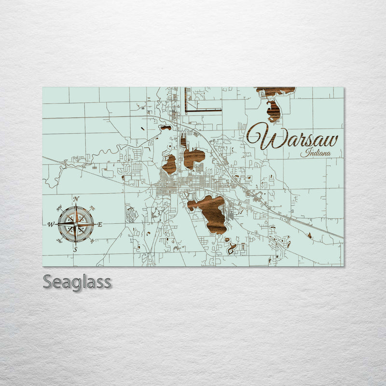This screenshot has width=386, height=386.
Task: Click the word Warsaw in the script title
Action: (x=292, y=138)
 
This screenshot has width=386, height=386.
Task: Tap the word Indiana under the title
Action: (x=316, y=153)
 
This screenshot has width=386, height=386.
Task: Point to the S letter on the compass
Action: (x=75, y=249)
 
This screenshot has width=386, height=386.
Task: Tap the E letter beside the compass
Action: (x=100, y=224)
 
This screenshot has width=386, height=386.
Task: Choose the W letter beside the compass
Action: (x=51, y=224)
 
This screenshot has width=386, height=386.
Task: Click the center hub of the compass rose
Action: (x=75, y=224)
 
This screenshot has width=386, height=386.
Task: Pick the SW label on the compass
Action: (x=59, y=240)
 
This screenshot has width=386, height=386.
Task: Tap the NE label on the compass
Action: (x=92, y=208)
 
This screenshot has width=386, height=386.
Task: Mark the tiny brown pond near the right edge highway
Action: (x=309, y=235)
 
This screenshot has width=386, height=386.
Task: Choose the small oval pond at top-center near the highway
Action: (x=165, y=128)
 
